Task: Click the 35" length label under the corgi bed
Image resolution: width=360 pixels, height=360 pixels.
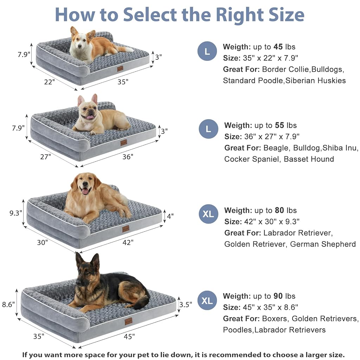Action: coord(123,82)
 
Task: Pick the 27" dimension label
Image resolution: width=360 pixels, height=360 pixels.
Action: coord(45,156)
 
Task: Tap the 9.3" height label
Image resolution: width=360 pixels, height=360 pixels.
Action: coord(16,213)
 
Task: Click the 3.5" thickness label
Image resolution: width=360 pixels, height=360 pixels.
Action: coord(186,304)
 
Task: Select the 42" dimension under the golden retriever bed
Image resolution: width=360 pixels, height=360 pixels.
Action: coord(128,242)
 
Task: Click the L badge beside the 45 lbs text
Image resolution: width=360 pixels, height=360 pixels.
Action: coord(207,51)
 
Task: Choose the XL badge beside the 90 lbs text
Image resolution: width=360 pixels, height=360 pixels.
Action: coord(207,301)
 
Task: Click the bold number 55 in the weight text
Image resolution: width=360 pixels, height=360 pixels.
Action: coord(279,125)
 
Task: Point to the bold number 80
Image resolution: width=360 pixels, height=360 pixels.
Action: coord(279,210)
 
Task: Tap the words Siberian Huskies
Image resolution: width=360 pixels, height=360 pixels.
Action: coord(315,81)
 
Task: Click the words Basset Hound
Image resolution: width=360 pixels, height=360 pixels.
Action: coord(309,159)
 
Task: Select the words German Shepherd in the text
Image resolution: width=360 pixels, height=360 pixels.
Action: coord(323,244)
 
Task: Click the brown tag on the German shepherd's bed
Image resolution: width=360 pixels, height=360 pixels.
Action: coord(128,321)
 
